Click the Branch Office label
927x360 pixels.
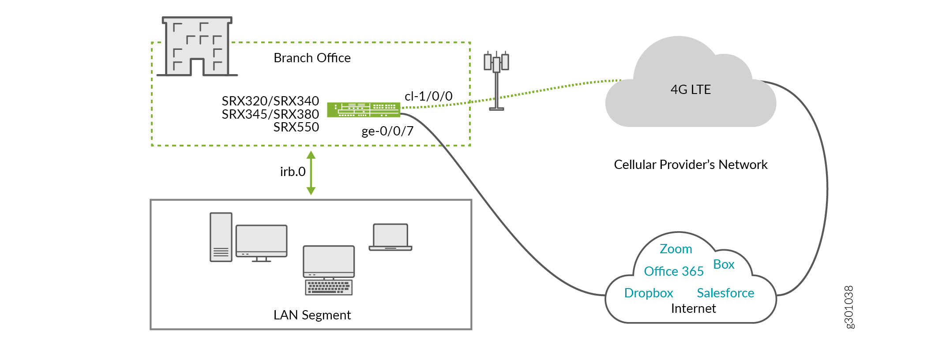(312, 58)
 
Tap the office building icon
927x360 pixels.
(197, 47)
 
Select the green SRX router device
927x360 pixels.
(364, 109)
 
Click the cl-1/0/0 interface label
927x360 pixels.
(428, 96)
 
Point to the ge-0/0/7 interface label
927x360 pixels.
(387, 131)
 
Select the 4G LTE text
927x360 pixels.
(691, 90)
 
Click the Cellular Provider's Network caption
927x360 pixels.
(691, 165)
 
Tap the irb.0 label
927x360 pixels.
(293, 172)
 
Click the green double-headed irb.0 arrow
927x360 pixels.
(311, 173)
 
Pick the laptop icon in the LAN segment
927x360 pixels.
(390, 237)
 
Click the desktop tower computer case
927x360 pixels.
(221, 237)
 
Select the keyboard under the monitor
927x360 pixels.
(329, 288)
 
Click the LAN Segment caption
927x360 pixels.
(312, 315)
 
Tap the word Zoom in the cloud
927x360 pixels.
(676, 249)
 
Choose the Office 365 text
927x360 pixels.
(673, 271)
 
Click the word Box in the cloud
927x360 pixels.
(724, 264)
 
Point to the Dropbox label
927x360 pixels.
(649, 293)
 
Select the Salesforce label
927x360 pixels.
(725, 293)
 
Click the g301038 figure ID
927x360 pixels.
(849, 307)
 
